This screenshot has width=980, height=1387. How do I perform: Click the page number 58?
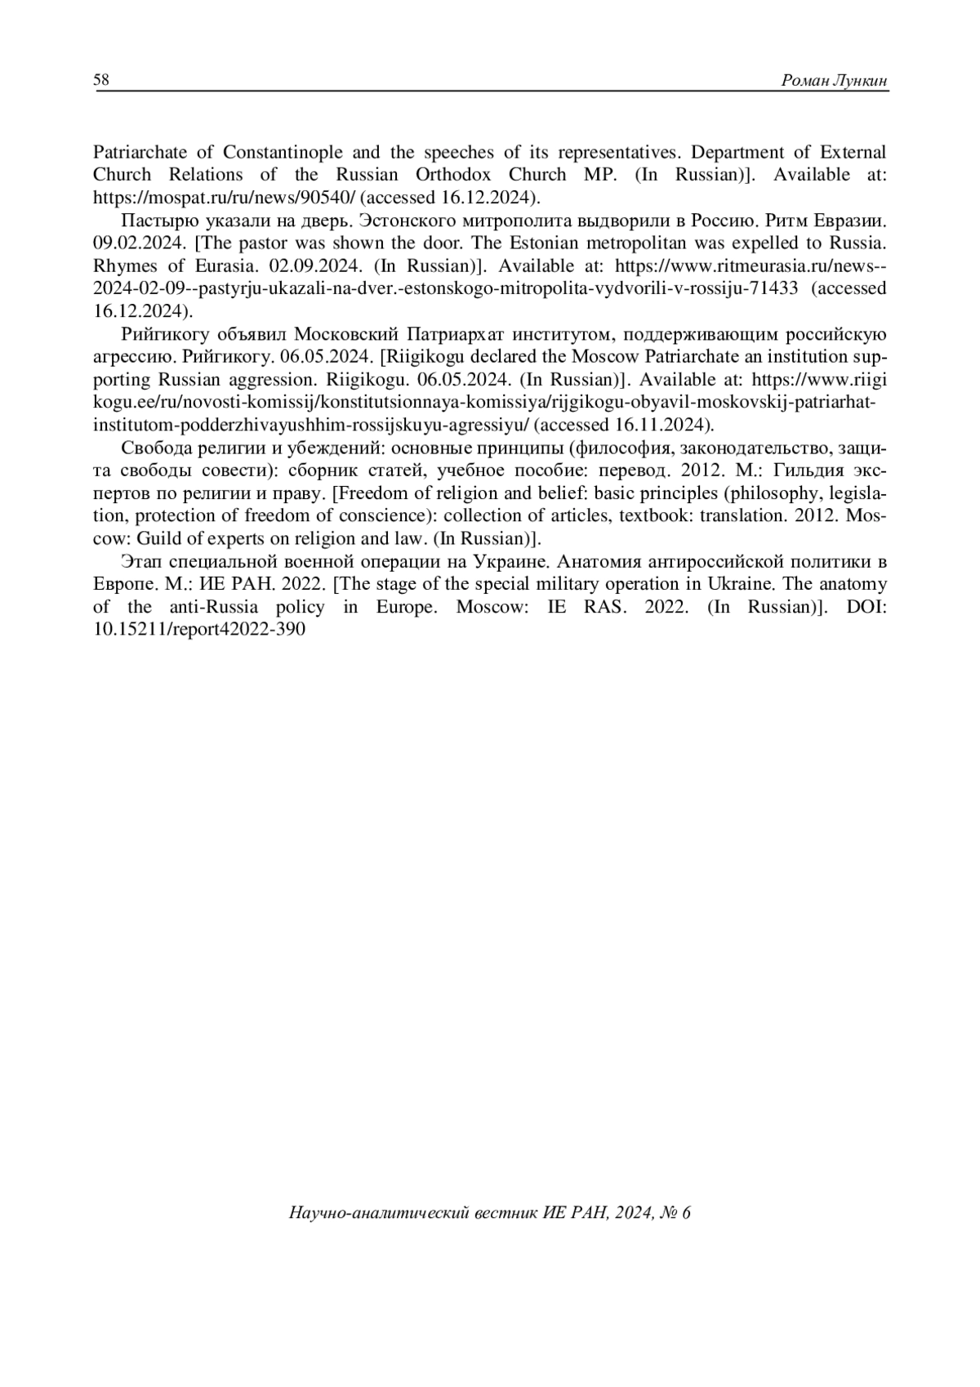101,79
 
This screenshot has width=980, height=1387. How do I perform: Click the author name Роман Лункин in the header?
835,80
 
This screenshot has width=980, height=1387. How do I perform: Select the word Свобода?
151,448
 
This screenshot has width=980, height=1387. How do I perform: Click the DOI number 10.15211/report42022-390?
200,630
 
